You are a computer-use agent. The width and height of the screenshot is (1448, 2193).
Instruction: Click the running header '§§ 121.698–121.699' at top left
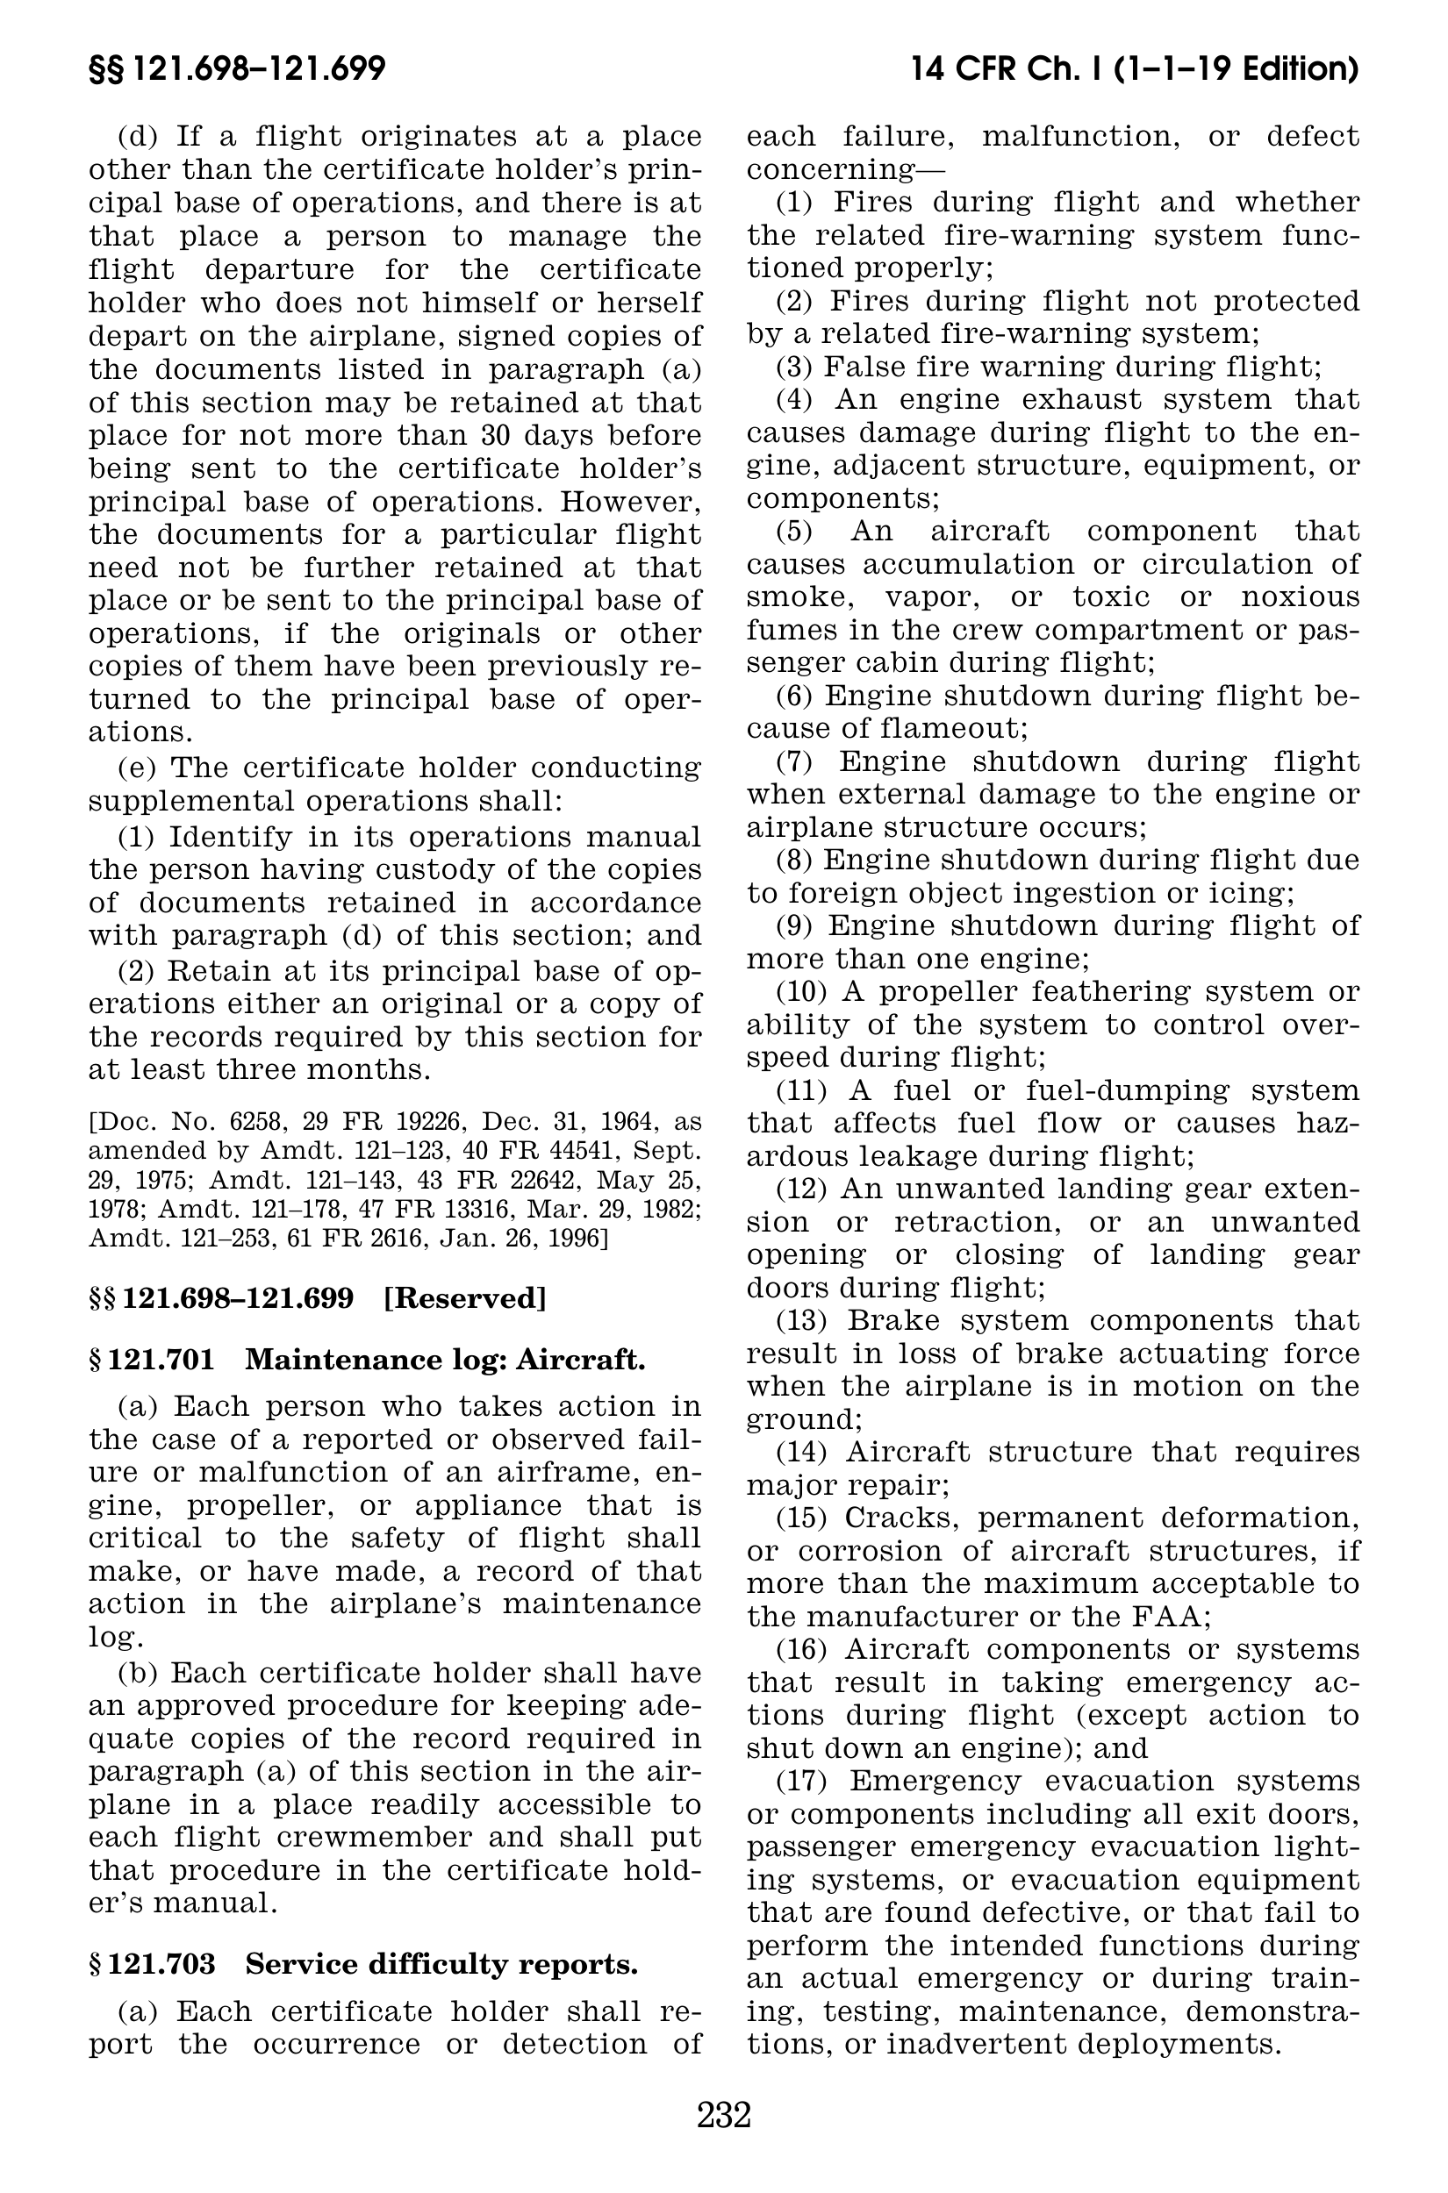point(236,69)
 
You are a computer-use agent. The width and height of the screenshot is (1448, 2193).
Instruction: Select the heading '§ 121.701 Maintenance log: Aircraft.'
point(367,1360)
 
